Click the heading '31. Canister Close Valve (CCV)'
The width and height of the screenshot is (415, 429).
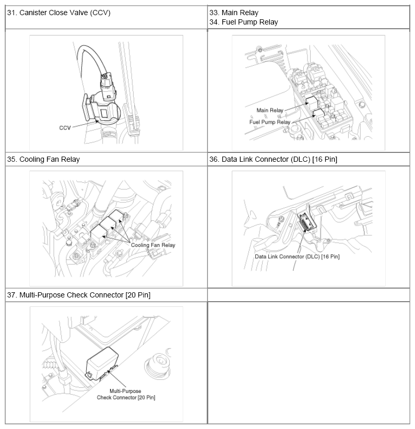click(x=58, y=13)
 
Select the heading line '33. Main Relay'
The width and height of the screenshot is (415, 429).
click(x=234, y=13)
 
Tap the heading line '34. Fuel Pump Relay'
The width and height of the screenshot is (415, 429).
click(x=243, y=22)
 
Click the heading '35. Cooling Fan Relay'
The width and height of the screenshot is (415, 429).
click(x=43, y=159)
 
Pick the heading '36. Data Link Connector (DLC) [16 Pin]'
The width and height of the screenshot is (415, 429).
click(x=272, y=159)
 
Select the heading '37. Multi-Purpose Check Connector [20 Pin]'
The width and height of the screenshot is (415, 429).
click(x=79, y=295)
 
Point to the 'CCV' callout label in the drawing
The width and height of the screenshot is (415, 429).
click(x=65, y=126)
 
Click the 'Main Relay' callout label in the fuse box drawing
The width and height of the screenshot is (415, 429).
click(x=269, y=110)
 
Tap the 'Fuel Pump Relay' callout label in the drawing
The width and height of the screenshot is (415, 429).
click(x=269, y=122)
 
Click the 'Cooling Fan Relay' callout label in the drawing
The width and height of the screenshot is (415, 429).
click(x=152, y=245)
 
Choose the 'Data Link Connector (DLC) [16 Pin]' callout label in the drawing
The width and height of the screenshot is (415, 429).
click(x=297, y=256)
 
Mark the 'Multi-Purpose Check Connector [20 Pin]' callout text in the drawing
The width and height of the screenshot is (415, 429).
click(x=126, y=394)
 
